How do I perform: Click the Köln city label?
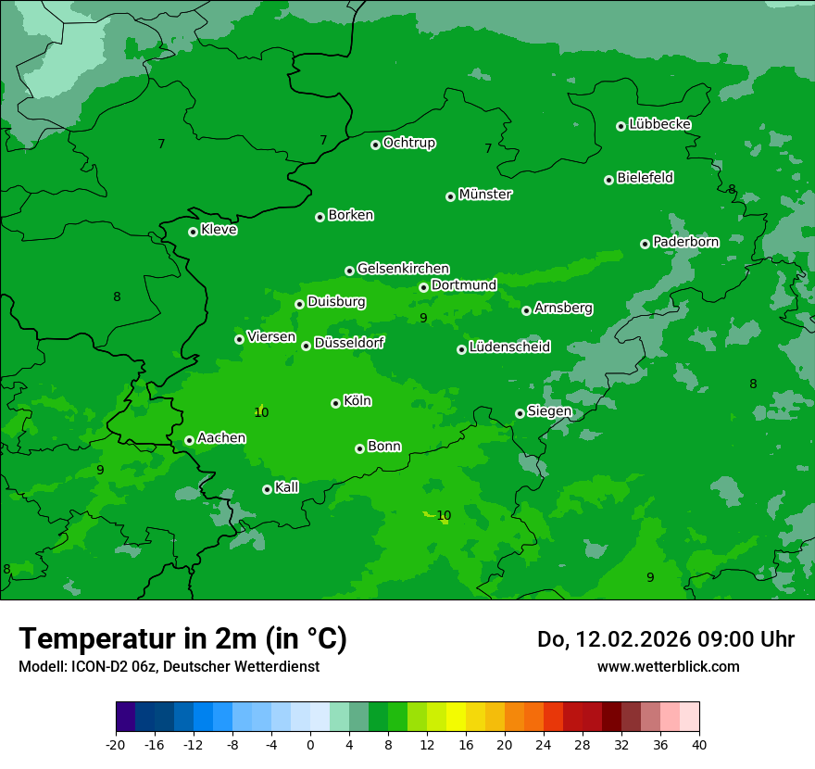tap(357, 401)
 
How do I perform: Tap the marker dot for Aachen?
tap(189, 440)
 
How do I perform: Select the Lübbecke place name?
tap(659, 124)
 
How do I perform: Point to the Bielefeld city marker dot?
tap(608, 180)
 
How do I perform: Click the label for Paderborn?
tap(685, 242)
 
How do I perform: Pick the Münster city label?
tap(484, 195)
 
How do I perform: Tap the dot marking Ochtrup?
tap(375, 145)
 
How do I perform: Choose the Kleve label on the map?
tap(219, 230)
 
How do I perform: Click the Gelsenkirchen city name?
tap(403, 269)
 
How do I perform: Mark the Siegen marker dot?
tap(520, 413)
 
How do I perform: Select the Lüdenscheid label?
tap(509, 347)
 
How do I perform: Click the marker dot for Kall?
tap(267, 489)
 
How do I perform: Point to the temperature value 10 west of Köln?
tap(261, 412)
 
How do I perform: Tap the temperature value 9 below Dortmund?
tap(423, 318)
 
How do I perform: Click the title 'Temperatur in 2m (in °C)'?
tap(182, 638)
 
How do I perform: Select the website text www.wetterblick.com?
tap(668, 666)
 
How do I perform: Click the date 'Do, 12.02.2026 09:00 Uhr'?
tap(665, 639)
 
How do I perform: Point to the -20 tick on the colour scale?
tap(116, 744)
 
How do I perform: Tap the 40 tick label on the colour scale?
tap(698, 744)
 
